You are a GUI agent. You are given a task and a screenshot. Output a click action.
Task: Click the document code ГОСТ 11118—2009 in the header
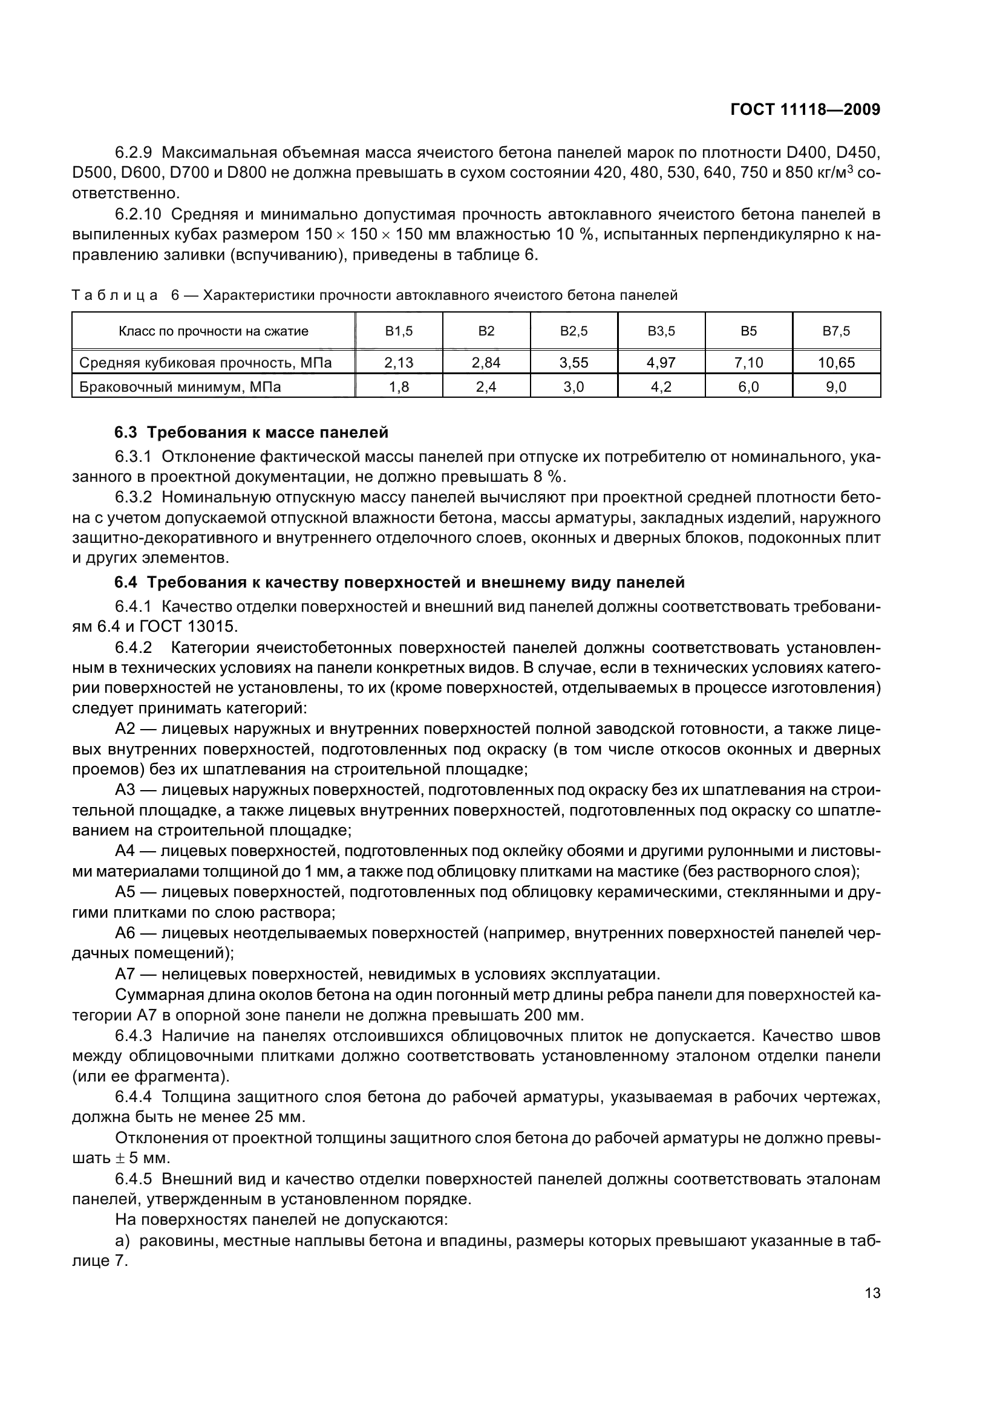tap(805, 109)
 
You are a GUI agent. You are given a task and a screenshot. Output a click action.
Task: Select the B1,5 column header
tap(399, 331)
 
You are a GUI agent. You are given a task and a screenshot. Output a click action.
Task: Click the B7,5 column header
tap(836, 331)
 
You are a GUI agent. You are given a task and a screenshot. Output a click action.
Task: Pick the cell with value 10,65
tap(836, 363)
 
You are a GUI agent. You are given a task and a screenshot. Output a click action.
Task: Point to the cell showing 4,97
tap(661, 363)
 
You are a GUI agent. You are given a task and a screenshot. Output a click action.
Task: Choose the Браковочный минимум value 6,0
tap(748, 387)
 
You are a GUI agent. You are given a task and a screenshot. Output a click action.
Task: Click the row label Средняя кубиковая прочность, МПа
tap(206, 363)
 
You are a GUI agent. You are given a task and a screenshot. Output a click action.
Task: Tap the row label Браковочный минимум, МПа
tap(180, 387)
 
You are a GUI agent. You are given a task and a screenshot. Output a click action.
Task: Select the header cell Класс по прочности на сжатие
tap(213, 331)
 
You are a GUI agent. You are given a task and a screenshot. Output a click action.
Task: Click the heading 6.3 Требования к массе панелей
tap(252, 432)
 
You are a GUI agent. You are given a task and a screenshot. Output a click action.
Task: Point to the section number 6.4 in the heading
tap(126, 582)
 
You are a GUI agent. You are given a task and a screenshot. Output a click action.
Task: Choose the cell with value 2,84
tap(486, 363)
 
